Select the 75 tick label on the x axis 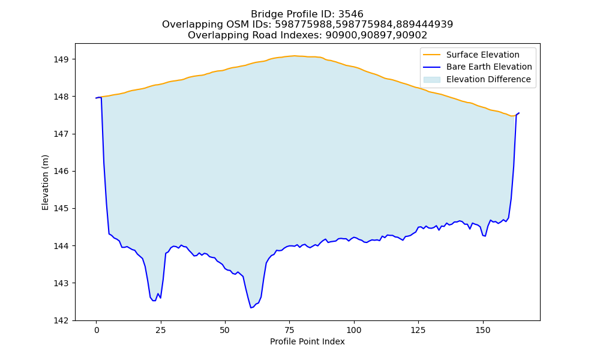[289, 330]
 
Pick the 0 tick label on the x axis [97, 330]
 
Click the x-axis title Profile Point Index [307, 341]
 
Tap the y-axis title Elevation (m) [45, 182]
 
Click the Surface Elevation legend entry [482, 55]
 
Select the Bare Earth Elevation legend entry [489, 67]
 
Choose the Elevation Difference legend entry [488, 79]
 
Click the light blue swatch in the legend [431, 79]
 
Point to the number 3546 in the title [350, 14]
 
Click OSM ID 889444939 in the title [424, 25]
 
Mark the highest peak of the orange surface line [294, 56]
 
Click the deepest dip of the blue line [251, 308]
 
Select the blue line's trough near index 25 [154, 301]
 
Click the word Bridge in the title [263, 14]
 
